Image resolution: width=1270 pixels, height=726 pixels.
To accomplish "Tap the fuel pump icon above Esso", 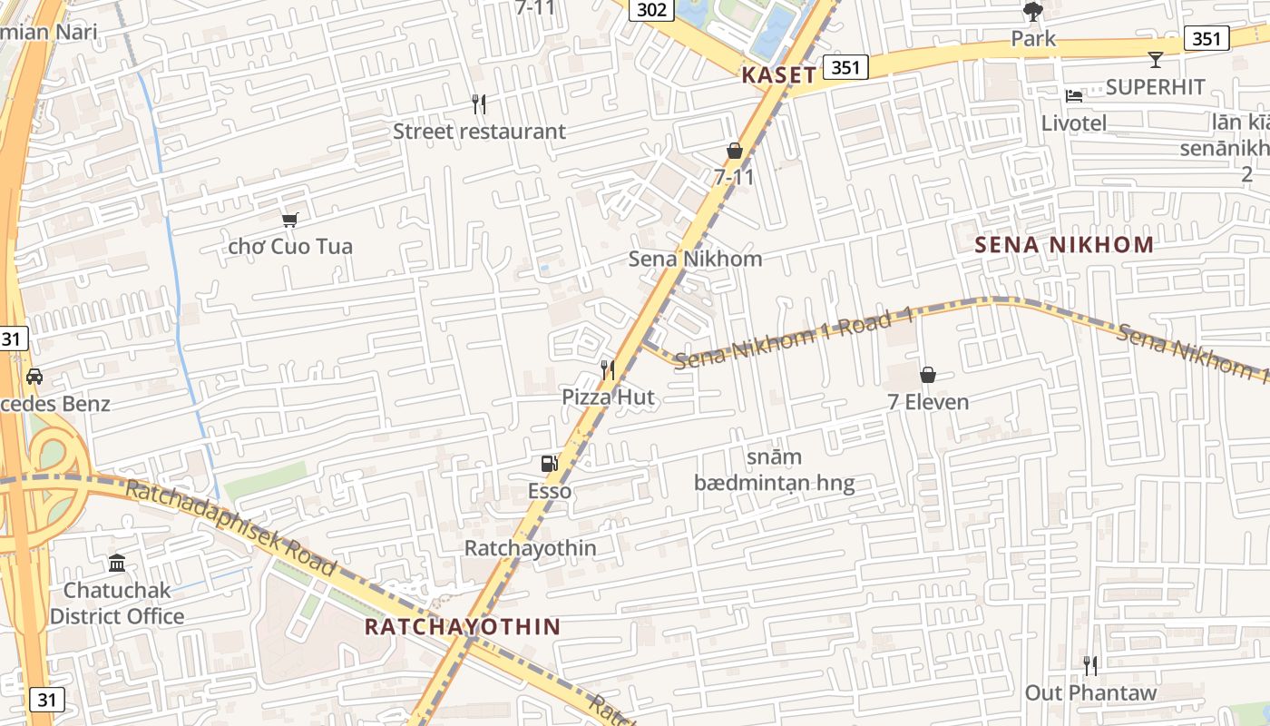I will [x=549, y=464].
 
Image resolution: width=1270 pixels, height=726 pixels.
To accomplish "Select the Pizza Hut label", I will [x=608, y=397].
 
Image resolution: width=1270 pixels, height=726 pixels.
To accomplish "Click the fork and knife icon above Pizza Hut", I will [x=608, y=369].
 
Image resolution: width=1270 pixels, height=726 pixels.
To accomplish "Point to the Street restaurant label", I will [x=479, y=132].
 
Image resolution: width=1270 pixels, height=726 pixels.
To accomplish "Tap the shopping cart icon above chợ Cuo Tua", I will [x=290, y=220].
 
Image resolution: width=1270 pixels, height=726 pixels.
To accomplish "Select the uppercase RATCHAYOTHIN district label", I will [x=463, y=626].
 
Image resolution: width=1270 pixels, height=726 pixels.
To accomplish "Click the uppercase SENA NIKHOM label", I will [x=1064, y=244].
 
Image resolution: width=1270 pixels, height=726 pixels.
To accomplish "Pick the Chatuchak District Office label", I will [x=117, y=603].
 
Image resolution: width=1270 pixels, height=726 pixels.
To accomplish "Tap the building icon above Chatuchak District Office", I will [x=117, y=564].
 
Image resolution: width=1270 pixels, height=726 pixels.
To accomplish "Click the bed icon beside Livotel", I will [x=1074, y=96].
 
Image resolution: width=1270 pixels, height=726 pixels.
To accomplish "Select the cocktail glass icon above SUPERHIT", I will [x=1155, y=60].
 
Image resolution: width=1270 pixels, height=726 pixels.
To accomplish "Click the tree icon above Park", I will [x=1033, y=12].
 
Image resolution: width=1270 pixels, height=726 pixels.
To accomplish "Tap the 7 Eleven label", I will [x=928, y=401].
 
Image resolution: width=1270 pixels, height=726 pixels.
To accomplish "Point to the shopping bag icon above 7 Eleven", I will [x=928, y=374].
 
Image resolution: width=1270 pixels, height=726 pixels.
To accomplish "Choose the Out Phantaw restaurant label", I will [x=1090, y=692].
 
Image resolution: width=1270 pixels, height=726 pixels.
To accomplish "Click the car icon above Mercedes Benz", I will [x=34, y=376].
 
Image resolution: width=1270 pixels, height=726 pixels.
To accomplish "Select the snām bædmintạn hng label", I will [x=774, y=470].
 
